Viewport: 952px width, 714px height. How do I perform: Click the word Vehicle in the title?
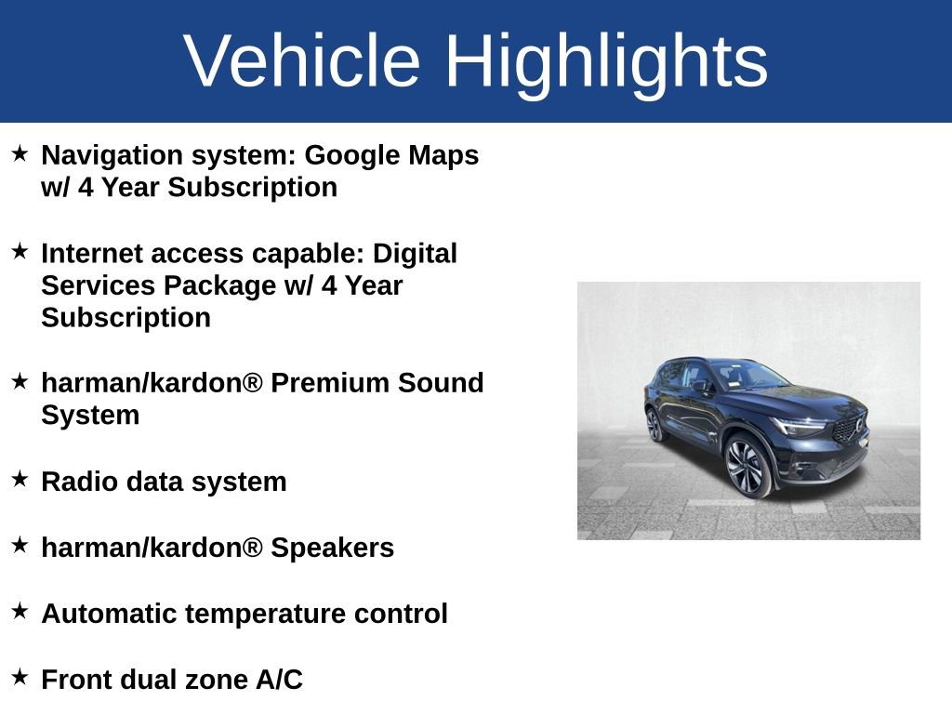pos(302,60)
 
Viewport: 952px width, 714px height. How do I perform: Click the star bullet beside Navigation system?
pos(20,153)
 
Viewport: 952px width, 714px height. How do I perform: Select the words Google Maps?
pos(391,156)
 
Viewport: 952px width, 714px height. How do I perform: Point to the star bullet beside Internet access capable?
pos(20,251)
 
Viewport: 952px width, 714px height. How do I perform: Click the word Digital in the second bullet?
pos(415,255)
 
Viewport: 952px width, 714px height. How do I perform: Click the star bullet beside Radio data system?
pos(20,479)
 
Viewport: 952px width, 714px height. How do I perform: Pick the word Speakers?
pos(332,549)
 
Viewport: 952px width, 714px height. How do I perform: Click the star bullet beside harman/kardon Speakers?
pos(20,545)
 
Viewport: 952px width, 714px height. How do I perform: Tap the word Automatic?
pos(109,614)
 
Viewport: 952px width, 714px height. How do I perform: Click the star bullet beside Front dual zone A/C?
pos(20,677)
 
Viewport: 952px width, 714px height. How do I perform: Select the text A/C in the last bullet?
pos(279,680)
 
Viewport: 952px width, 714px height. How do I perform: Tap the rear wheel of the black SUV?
pos(654,424)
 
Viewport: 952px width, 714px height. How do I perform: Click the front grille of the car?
pos(849,429)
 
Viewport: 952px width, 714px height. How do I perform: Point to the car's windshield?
pos(750,375)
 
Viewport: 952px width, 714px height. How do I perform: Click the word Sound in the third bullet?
pos(441,383)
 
